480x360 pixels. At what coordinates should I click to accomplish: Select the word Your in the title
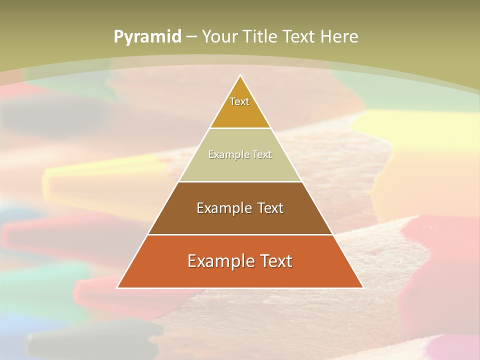click(x=218, y=36)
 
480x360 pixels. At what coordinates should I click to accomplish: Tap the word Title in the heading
click(x=259, y=36)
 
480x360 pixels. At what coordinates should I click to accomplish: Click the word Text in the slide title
click(x=299, y=36)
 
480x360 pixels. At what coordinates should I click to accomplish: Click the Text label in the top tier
click(x=239, y=101)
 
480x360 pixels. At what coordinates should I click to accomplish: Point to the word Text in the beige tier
click(x=262, y=155)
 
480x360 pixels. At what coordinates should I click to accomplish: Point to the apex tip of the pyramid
click(x=240, y=76)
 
